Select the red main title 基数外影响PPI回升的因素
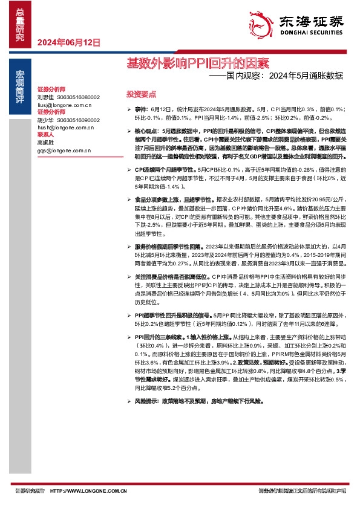click(197, 62)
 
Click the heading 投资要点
click(141, 95)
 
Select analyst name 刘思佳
click(46, 97)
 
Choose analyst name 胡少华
click(46, 120)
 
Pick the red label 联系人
click(46, 135)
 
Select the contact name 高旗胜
click(46, 142)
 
